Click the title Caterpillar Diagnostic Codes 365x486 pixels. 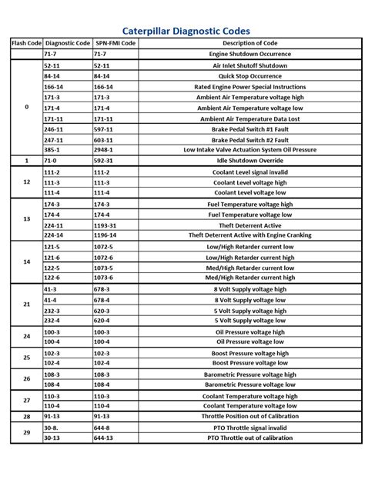[x=182, y=27]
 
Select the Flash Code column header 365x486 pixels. [x=26, y=43]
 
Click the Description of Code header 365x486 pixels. [x=250, y=43]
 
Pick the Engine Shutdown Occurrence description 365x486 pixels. [x=250, y=55]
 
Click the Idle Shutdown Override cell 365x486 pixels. [x=250, y=161]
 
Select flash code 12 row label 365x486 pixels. [x=26, y=182]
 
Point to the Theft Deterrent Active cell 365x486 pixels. [x=250, y=225]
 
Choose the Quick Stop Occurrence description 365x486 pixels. [x=250, y=76]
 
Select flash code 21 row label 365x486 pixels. [x=26, y=305]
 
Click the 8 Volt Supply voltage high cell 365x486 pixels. [x=250, y=289]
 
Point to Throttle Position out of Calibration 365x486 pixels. [x=250, y=416]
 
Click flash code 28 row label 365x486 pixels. [x=26, y=416]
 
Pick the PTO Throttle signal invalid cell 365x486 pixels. [x=250, y=427]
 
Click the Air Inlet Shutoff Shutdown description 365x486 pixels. [x=250, y=66]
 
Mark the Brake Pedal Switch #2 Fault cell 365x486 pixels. [x=250, y=140]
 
